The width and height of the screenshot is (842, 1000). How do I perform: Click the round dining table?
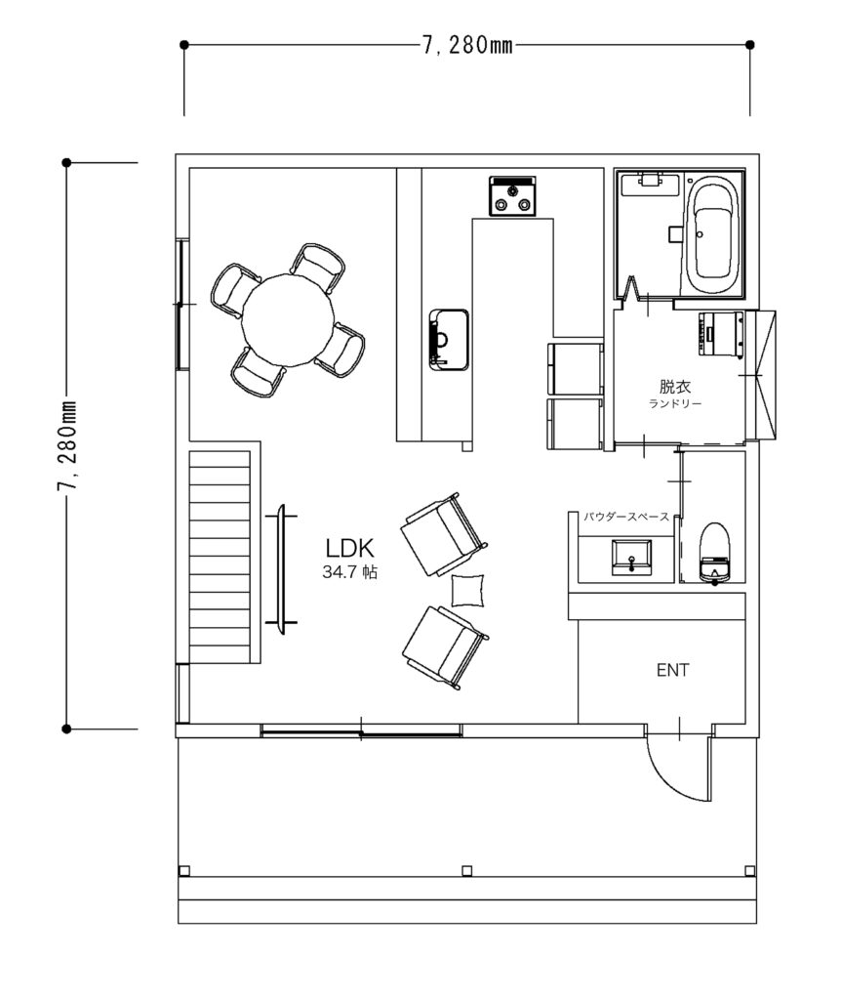pos(289,319)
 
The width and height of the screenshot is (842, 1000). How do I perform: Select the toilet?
pos(714,553)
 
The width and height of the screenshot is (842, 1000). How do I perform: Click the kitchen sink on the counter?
pos(449,339)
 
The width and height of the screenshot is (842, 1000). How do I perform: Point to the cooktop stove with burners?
pos(512,195)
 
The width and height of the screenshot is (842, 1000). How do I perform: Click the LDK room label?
pos(349,549)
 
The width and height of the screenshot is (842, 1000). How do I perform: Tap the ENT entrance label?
pos(672,670)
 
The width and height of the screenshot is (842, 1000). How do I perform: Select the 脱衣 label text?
pos(675,386)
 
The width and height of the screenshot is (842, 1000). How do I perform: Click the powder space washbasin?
pos(631,558)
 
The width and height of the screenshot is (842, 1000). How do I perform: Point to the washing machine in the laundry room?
pos(722,333)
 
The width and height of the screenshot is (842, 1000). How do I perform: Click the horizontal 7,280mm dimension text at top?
pos(467,45)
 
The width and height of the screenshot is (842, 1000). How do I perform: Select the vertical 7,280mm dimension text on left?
pos(66,446)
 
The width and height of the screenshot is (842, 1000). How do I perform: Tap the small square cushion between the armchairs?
pos(467,591)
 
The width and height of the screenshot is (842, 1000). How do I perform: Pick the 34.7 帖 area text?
pos(350,572)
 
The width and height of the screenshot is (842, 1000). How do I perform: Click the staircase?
pos(220,557)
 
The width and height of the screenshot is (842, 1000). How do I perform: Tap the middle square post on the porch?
pos(467,870)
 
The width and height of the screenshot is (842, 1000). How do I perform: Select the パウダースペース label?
pos(626,517)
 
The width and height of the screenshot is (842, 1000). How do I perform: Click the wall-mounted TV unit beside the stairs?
pos(281,569)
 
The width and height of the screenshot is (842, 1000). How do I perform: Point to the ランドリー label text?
pos(675,403)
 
